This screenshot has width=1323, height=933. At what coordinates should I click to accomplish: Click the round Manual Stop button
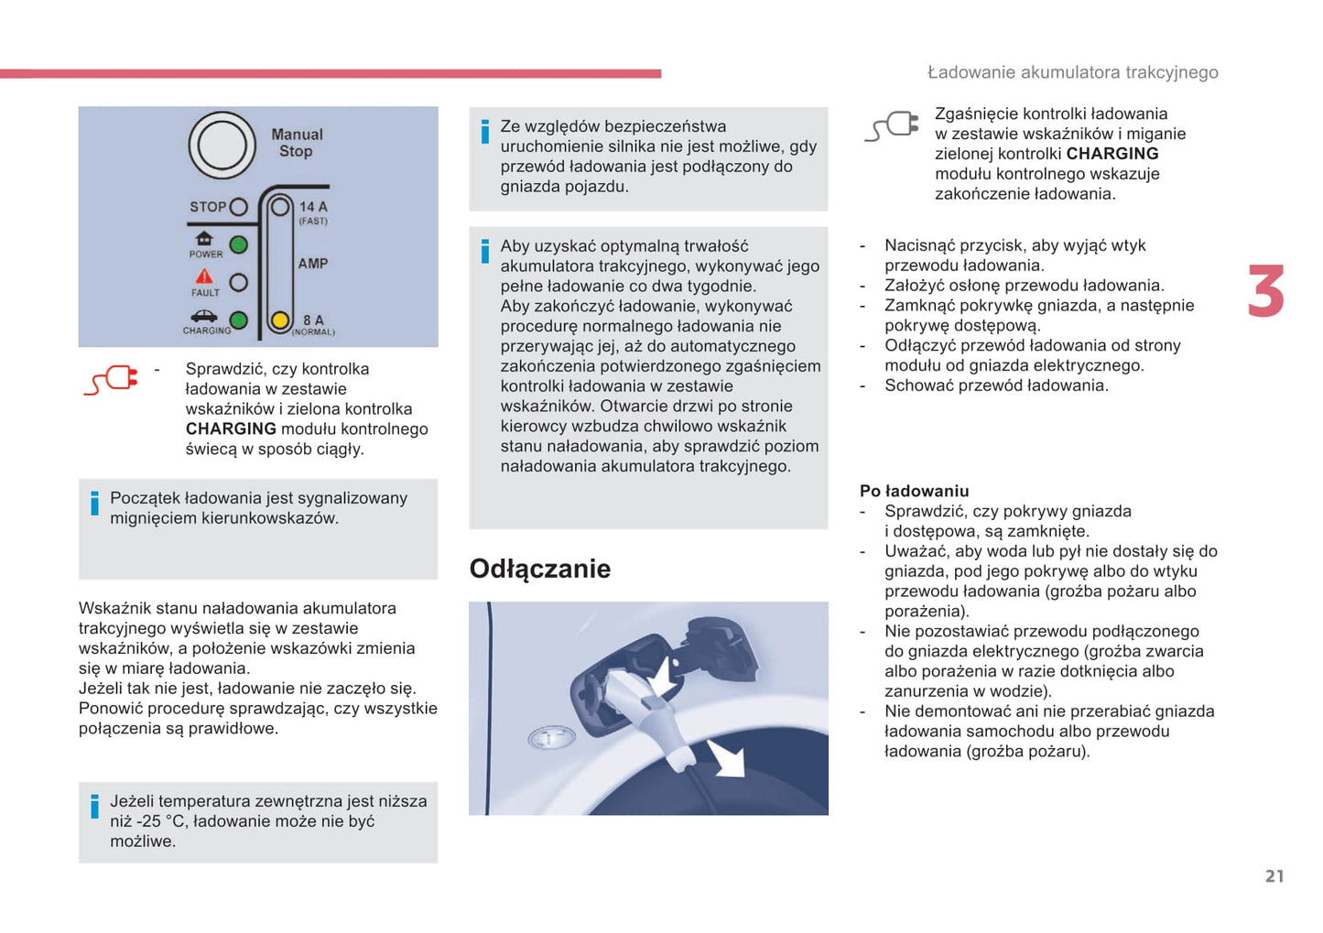[222, 146]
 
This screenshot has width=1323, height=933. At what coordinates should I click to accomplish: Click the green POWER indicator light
[239, 245]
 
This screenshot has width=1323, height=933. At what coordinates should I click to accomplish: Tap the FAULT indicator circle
[239, 283]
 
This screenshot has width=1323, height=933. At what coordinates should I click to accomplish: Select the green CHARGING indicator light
[239, 320]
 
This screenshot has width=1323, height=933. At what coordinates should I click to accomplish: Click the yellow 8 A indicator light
[280, 320]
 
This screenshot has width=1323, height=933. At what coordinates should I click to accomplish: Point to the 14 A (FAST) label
[313, 212]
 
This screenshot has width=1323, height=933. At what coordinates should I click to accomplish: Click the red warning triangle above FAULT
[204, 277]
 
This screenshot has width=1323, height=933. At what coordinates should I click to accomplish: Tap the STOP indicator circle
[239, 207]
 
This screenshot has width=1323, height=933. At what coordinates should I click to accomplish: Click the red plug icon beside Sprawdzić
[111, 380]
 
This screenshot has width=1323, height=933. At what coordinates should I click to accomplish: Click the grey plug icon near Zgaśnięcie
[892, 126]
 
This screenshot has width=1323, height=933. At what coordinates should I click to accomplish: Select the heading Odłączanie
[539, 569]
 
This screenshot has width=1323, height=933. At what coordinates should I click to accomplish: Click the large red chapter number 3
[1266, 292]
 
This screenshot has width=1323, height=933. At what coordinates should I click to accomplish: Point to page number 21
[1274, 876]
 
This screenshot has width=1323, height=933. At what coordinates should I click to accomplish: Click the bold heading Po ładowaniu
[914, 491]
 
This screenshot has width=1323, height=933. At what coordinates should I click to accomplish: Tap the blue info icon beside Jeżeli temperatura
[94, 807]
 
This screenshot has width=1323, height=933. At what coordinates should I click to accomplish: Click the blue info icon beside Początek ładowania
[94, 503]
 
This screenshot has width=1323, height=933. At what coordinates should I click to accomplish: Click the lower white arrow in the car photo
[726, 757]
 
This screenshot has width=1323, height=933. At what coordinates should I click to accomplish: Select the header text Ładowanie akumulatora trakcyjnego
[1072, 72]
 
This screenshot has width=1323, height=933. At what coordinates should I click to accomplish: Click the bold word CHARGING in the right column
[1112, 154]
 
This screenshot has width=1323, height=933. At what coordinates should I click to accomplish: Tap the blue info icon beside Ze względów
[485, 132]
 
